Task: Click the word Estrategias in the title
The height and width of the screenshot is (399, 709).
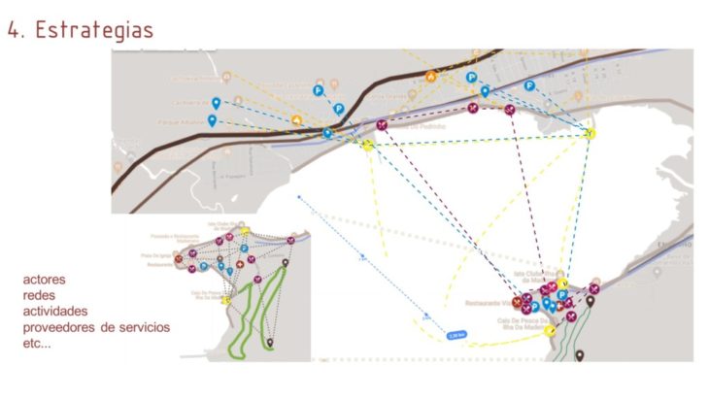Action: pyautogui.click(x=94, y=29)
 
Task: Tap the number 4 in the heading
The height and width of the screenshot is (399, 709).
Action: pyautogui.click(x=15, y=29)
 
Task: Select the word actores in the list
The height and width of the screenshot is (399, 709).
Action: pyautogui.click(x=45, y=280)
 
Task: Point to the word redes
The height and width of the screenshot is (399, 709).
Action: pyautogui.click(x=41, y=295)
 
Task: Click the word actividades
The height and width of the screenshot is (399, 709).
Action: pyautogui.click(x=55, y=311)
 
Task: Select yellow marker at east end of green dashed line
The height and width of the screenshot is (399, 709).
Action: pyautogui.click(x=590, y=132)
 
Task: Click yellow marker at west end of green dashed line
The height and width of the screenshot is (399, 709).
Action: pyautogui.click(x=367, y=145)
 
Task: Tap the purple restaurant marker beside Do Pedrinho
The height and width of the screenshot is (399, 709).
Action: pyautogui.click(x=382, y=125)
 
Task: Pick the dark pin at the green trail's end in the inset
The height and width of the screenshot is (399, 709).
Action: pyautogui.click(x=270, y=342)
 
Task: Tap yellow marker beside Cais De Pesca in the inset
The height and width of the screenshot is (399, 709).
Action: pyautogui.click(x=224, y=300)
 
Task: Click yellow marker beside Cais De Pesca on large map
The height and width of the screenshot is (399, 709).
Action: pyautogui.click(x=550, y=330)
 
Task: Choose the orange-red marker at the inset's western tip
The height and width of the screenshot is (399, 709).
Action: pyautogui.click(x=179, y=258)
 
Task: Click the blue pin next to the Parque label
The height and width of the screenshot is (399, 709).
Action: pyautogui.click(x=213, y=120)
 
